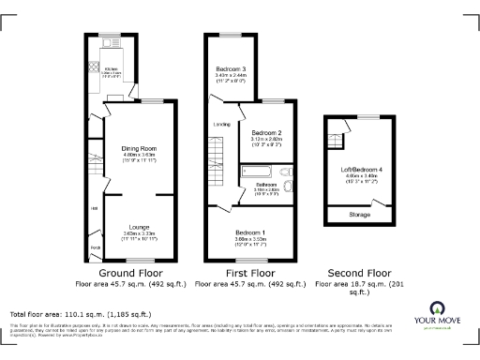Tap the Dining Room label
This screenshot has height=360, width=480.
(x=138, y=148)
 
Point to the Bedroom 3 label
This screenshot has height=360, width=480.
(x=232, y=69)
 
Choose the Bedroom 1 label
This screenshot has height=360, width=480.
(x=250, y=232)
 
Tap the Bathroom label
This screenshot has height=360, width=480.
(x=266, y=186)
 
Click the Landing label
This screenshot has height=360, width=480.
(x=222, y=124)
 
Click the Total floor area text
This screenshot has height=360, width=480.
(x=67, y=314)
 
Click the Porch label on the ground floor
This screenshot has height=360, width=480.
(x=95, y=248)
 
